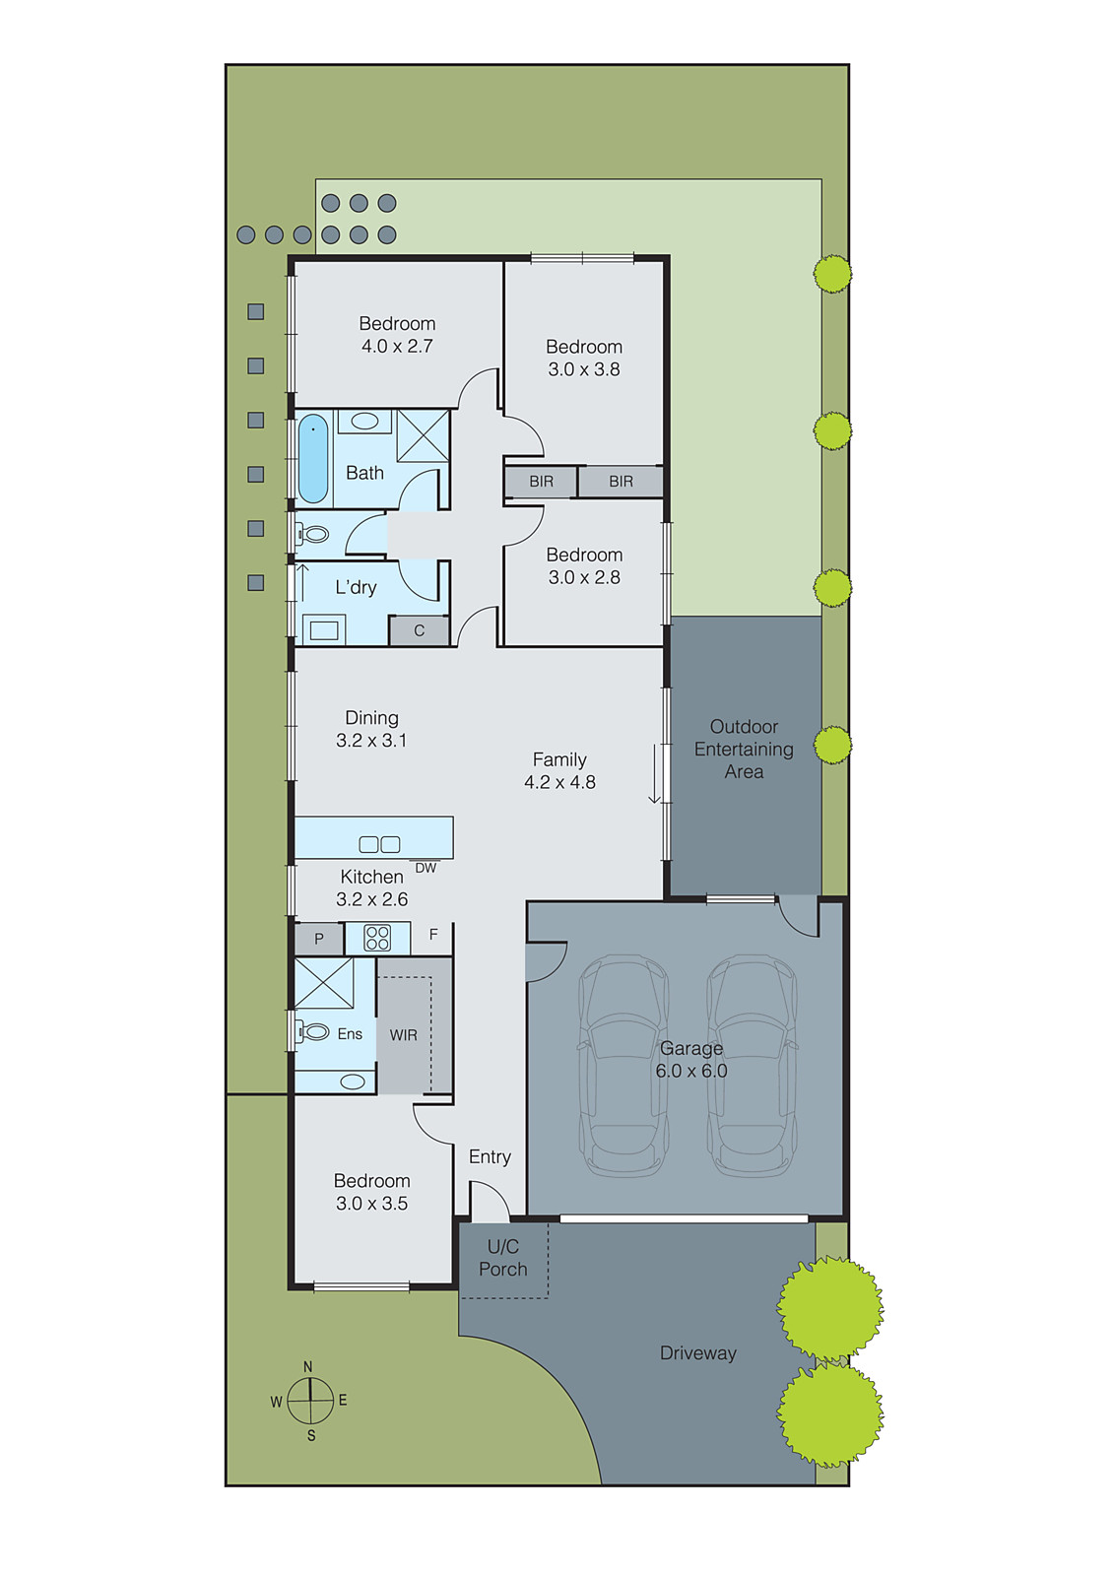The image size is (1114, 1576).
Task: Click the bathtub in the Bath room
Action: pos(312,459)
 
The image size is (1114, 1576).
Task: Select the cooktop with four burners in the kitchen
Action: pos(377,938)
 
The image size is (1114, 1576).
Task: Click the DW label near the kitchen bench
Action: pos(426,868)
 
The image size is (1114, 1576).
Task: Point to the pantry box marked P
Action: pos(319,939)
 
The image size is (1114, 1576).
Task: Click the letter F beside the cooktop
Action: pos(433,935)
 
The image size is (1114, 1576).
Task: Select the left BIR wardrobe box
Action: pos(541,482)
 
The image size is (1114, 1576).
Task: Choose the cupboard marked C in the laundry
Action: pos(419,630)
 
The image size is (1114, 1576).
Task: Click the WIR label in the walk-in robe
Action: pos(404,1035)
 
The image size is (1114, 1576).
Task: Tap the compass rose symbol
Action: pos(310,1400)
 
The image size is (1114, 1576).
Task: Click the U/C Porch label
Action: pos(503,1258)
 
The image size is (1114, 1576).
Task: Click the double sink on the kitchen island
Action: pos(379,844)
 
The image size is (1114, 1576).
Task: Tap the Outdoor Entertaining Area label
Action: pos(744,749)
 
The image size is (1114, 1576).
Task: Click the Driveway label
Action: pos(697,1353)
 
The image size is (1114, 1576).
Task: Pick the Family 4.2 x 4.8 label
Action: pos(559,770)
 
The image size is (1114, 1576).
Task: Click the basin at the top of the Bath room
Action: pos(364,422)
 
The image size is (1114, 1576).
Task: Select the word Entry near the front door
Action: pos(490,1156)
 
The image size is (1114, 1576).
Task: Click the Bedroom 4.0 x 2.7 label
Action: pos(397,335)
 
